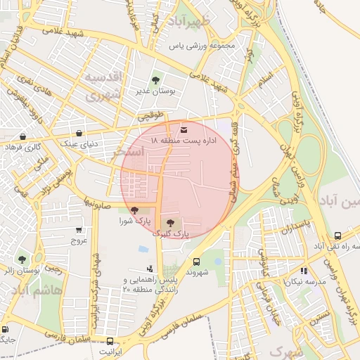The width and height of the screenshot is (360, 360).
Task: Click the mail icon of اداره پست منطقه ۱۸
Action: [x=184, y=130]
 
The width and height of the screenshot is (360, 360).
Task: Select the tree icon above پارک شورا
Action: [x=134, y=210]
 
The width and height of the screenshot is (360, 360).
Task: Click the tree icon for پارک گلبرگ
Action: [x=171, y=222]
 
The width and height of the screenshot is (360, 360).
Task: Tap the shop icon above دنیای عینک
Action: [x=79, y=132]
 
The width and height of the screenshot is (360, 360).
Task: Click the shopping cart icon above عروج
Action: [x=79, y=229]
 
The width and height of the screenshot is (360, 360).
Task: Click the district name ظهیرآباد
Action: [x=189, y=21]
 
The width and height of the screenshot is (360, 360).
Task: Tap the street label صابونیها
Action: [x=98, y=201]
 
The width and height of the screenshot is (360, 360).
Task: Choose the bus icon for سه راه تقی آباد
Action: [x=338, y=236]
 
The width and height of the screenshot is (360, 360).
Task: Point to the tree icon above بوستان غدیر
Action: [x=155, y=81]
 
